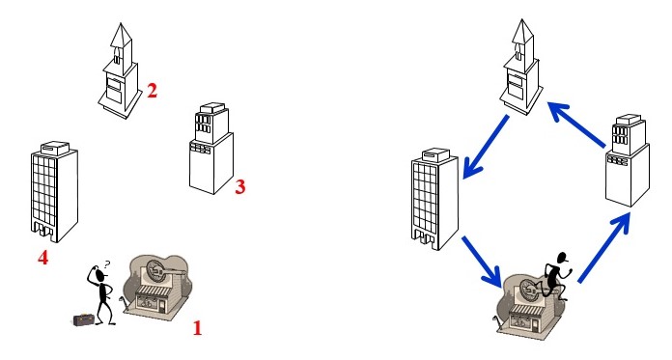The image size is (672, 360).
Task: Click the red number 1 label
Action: [197, 328]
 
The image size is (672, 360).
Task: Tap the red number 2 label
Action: [153, 91]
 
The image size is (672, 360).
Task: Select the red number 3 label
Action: [240, 187]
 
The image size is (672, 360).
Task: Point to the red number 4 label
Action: [42, 258]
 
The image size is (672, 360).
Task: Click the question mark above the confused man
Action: [107, 264]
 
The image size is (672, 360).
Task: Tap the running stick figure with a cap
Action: [554, 277]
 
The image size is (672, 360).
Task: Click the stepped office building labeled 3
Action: [211, 149]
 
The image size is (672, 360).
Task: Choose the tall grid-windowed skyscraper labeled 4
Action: [54, 191]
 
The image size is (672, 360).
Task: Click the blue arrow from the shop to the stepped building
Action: [604, 248]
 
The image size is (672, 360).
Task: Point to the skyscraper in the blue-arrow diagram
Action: [434, 199]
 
